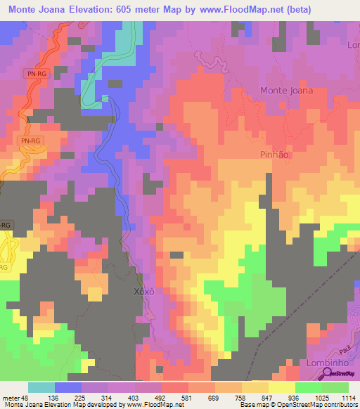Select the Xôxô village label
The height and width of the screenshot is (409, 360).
(x=143, y=292)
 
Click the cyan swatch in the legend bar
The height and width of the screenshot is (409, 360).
(x=41, y=387)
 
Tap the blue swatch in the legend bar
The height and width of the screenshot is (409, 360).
(x=68, y=387)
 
